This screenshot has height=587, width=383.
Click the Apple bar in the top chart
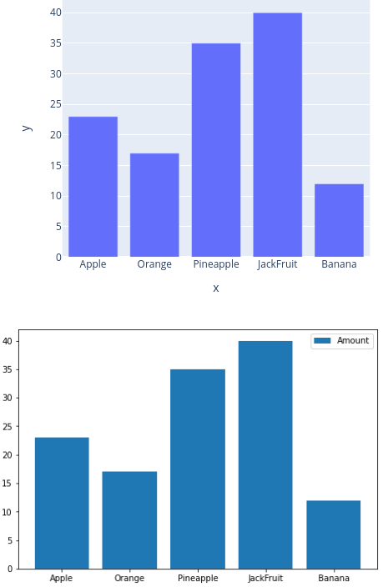93,187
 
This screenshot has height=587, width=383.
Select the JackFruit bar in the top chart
277,135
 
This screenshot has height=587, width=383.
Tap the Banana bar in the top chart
339,220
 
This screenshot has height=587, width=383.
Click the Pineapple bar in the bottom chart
198,469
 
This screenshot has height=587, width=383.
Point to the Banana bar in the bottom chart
334,534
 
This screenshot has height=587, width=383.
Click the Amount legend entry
353,340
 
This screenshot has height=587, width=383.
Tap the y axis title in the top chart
26,128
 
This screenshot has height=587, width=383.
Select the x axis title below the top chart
215,288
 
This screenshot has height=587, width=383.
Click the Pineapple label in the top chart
215,264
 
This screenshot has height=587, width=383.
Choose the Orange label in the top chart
154,264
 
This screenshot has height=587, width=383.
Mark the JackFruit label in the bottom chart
265,578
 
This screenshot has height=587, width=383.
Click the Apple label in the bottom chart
62,578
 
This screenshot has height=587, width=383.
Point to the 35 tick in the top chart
54,43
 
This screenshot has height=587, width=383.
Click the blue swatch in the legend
323,340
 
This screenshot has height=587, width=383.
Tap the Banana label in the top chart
339,264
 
